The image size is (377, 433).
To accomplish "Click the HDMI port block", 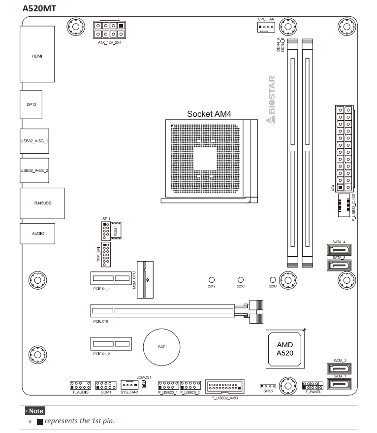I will click(x=37, y=56).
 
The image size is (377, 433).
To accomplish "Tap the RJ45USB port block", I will click(x=42, y=203).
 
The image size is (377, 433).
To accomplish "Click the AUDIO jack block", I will click(x=37, y=233).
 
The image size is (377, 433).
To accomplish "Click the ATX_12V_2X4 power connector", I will click(x=109, y=30).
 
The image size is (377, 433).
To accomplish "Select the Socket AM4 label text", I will click(x=209, y=114).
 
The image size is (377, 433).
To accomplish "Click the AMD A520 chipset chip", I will click(x=284, y=349).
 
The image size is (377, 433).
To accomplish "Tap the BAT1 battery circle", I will click(x=162, y=346).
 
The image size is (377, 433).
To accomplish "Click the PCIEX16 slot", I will click(x=162, y=311).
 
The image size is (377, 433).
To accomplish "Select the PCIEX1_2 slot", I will click(x=111, y=343).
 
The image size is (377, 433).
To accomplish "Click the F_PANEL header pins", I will click(x=312, y=385).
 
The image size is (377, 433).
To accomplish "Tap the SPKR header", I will click(x=268, y=386).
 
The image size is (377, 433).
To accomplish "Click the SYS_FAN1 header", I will click(x=129, y=385).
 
